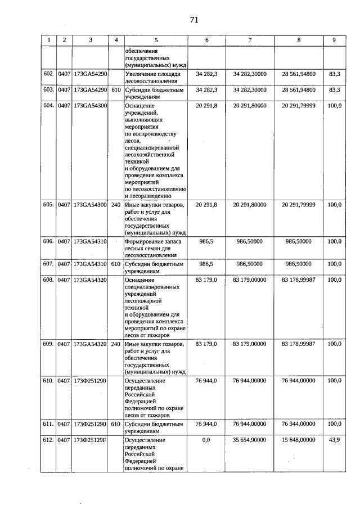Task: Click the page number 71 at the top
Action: (x=194, y=20)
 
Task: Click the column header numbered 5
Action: (x=156, y=40)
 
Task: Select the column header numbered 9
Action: (x=334, y=40)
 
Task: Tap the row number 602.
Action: (x=49, y=74)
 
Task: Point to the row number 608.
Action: (x=49, y=280)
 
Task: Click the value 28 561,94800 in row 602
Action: (x=299, y=74)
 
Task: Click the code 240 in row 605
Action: (x=116, y=205)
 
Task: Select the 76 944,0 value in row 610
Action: (x=206, y=381)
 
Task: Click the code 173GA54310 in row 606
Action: (x=90, y=241)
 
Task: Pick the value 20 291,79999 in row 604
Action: (x=299, y=105)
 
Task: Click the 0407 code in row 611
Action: (x=64, y=424)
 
